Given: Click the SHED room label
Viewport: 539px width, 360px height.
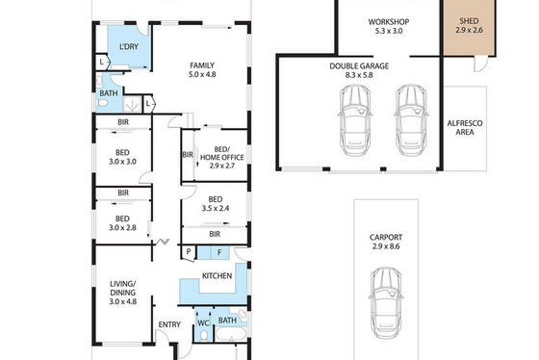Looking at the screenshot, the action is (469, 21).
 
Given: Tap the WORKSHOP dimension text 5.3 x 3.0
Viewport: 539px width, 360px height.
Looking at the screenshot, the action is (389, 31).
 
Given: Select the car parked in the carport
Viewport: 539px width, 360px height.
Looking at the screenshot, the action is (386, 302).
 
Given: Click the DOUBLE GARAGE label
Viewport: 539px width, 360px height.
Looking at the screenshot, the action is (359, 66).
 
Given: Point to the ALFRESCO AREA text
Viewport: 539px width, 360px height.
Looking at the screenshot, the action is (465, 128).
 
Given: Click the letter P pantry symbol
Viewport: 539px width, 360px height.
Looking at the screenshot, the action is (189, 251).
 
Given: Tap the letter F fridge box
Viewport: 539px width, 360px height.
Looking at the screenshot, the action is (219, 253).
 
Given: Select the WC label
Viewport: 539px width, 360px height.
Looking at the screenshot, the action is (203, 323).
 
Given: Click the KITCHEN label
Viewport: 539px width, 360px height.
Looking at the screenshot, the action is (217, 275).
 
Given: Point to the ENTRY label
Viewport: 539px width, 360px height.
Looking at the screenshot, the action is (169, 324).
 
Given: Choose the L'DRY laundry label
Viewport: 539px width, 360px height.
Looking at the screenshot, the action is (129, 46).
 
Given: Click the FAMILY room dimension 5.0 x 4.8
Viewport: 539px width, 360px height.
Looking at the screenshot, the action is (202, 74).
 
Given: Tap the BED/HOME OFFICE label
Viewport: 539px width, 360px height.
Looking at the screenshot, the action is (222, 153).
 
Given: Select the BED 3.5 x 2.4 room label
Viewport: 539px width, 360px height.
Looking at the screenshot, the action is (216, 203).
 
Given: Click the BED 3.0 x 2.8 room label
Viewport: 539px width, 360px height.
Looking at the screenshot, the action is (122, 223).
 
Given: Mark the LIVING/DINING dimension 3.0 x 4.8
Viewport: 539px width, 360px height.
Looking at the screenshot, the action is (123, 301).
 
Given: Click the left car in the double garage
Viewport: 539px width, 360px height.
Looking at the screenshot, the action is (355, 120).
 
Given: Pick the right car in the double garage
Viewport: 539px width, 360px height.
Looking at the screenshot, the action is (411, 120).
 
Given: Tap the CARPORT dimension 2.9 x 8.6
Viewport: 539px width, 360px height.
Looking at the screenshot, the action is (386, 246).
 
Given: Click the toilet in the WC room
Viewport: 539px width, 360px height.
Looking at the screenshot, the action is (203, 335).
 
